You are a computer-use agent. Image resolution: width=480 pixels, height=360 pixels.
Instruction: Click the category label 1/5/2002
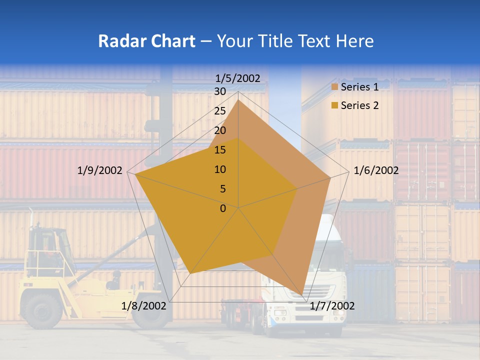coord(238,78)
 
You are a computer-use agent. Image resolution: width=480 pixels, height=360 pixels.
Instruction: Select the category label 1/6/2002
coord(376,170)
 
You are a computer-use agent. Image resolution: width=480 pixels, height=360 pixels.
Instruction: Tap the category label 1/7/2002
coord(332,306)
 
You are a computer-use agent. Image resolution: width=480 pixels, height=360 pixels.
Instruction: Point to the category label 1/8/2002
coord(144,306)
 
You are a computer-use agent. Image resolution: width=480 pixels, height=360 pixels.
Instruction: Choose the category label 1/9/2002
coord(100,170)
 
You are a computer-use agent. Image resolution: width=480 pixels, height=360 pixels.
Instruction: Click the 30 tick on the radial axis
coord(220,92)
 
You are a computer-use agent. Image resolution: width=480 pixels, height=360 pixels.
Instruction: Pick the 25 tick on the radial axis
coord(220,111)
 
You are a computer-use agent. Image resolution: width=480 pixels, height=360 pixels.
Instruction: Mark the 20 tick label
coord(220,131)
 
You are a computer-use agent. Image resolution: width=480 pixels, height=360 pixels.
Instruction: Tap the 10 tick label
coord(220,169)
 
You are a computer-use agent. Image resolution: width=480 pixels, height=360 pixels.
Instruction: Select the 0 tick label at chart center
coord(223,208)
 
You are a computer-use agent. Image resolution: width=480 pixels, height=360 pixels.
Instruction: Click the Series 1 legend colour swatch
coord(335,87)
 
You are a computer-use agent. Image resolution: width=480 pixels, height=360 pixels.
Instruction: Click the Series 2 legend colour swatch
coord(335,105)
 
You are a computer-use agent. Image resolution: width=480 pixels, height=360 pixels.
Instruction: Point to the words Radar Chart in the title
coord(146,41)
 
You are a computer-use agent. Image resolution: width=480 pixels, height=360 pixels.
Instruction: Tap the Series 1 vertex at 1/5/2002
coord(238,100)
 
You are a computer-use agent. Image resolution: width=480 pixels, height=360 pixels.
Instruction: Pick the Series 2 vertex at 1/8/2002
coord(190,273)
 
